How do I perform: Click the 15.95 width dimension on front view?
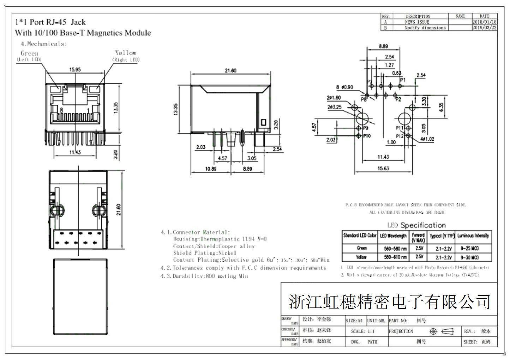tap(75, 69)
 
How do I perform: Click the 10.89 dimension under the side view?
tap(210, 169)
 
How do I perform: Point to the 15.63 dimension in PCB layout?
tap(383, 169)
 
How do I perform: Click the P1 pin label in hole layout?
tap(403, 80)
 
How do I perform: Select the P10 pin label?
tap(367, 136)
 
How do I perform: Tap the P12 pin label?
tap(399, 136)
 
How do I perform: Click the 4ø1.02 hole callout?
tap(427, 139)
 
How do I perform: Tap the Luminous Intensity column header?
tap(473, 236)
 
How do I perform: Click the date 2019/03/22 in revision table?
tap(484, 28)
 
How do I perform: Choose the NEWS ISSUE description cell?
tap(417, 22)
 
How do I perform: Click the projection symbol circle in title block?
tap(433, 331)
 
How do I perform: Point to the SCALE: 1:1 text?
tap(362, 331)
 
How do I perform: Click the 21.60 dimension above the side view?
tap(230, 71)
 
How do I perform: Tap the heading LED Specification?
tap(416, 225)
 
